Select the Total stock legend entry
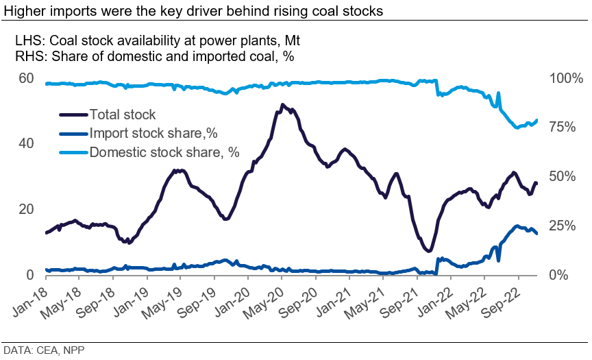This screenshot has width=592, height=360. click(x=123, y=115)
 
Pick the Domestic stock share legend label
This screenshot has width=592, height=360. click(x=164, y=152)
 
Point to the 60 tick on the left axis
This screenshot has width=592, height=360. click(x=26, y=78)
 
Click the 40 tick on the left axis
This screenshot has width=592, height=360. click(x=26, y=144)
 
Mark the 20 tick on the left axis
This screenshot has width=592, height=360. click(x=26, y=209)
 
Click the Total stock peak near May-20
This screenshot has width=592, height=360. click(x=282, y=105)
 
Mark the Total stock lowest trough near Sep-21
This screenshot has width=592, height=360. click(x=428, y=251)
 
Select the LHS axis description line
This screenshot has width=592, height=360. click(x=157, y=42)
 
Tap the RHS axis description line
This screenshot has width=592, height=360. click(x=154, y=57)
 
